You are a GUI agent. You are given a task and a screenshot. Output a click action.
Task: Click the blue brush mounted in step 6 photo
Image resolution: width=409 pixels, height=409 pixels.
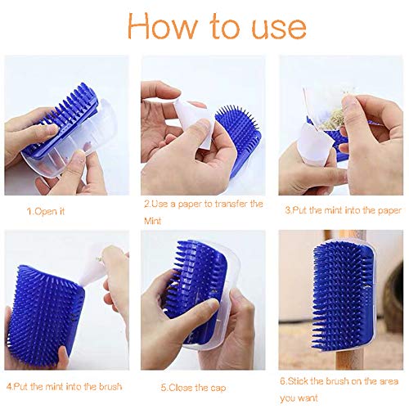coord(341,278)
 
